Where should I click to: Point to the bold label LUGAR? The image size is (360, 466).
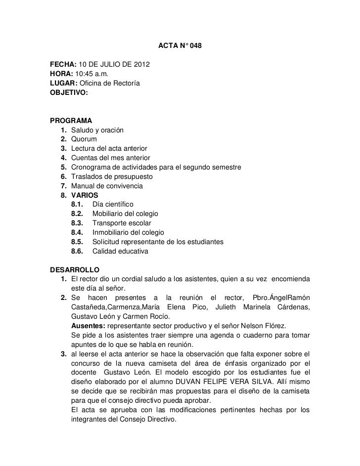tap(62, 83)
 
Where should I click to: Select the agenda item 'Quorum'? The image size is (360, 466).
tap(84, 139)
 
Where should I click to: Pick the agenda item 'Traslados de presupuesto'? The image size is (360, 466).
tap(112, 176)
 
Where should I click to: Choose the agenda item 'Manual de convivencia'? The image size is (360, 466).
tap(107, 186)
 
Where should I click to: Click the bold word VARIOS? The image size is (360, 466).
tap(85, 195)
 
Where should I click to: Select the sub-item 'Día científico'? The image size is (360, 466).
tap(116, 204)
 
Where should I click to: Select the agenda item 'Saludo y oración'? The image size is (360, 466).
tap(97, 130)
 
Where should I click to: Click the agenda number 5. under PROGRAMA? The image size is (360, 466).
tap(64, 167)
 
